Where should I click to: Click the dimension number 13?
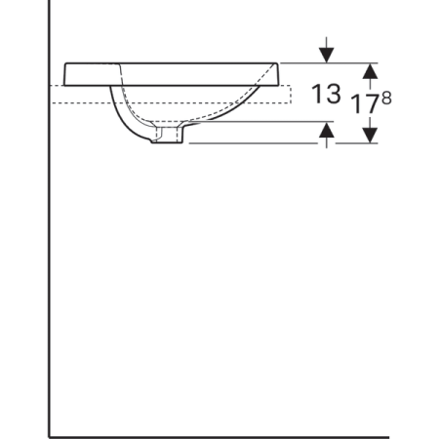tap(327, 95)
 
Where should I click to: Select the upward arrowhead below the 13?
tap(327, 130)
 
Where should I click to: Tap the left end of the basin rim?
tap(66, 74)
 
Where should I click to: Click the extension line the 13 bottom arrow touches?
tap(283, 122)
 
